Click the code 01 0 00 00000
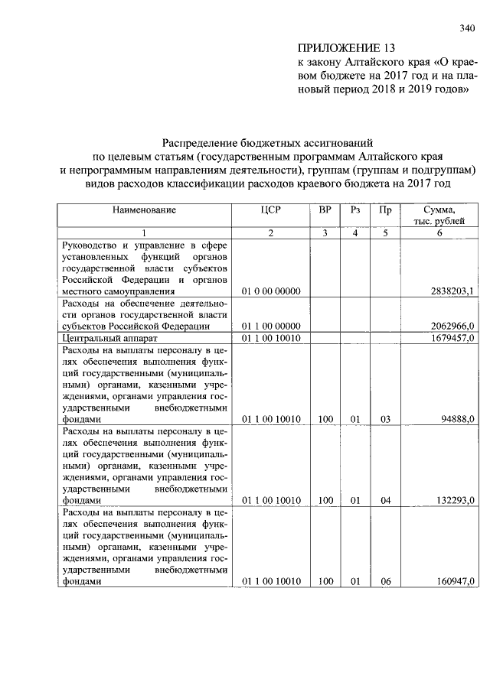[x=271, y=291]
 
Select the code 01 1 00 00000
[x=271, y=326]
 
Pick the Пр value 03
[x=385, y=419]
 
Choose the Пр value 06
[x=385, y=581]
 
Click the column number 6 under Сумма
[x=439, y=233]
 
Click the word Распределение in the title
[x=204, y=142]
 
